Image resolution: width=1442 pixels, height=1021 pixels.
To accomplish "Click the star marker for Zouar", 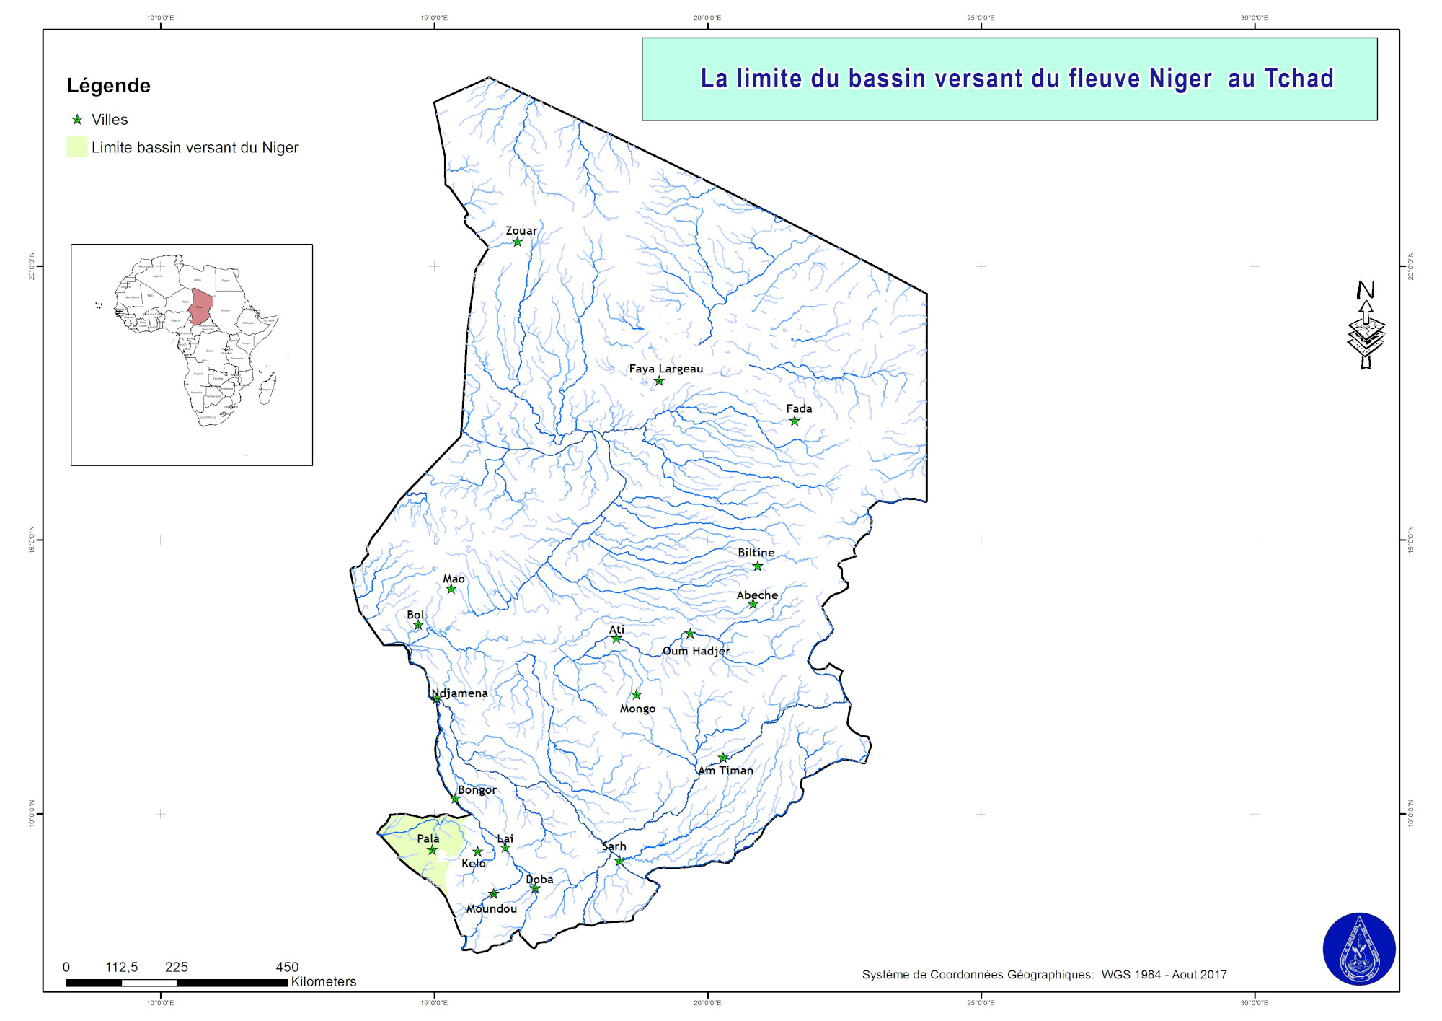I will (518, 242).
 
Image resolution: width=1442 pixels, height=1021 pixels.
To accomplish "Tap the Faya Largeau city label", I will (665, 369).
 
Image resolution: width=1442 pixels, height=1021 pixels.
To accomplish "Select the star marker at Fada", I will (794, 421).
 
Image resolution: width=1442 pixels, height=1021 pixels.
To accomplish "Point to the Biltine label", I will (756, 553).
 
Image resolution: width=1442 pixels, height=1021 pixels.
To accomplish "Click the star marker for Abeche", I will (753, 604).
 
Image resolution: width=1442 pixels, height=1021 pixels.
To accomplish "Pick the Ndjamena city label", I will (460, 693).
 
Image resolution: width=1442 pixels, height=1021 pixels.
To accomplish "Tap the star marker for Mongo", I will (636, 695).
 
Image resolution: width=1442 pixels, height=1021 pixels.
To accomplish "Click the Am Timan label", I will (725, 771).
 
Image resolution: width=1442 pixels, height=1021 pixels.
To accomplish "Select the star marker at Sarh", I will (619, 861).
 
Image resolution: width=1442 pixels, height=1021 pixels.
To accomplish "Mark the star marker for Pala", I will (432, 850).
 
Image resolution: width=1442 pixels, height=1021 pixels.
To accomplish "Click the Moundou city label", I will (492, 909).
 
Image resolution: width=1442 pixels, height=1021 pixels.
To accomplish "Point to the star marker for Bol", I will (418, 625).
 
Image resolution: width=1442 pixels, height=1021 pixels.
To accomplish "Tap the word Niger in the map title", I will (1180, 79).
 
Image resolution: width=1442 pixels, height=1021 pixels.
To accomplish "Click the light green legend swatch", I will (76, 147).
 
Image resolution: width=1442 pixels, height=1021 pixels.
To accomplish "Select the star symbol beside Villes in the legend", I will (77, 120).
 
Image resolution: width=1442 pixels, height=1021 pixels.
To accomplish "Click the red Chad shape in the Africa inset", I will (201, 305).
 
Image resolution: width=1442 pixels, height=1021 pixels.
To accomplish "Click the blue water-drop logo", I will (1358, 949).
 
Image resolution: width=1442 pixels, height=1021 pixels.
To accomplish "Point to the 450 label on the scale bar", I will (287, 967).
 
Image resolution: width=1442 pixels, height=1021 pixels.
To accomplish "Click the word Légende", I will (109, 86).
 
